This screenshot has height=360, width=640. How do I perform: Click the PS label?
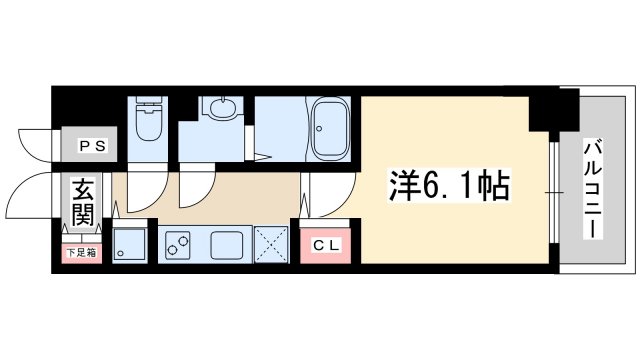click(91, 146)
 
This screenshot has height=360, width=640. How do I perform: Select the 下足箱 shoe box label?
click(81, 253)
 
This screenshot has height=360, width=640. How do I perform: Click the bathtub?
click(329, 129)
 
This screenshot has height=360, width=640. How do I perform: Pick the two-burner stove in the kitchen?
click(177, 243)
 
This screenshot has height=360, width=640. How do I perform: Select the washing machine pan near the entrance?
click(129, 243)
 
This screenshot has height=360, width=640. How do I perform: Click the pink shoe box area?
click(81, 252)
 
